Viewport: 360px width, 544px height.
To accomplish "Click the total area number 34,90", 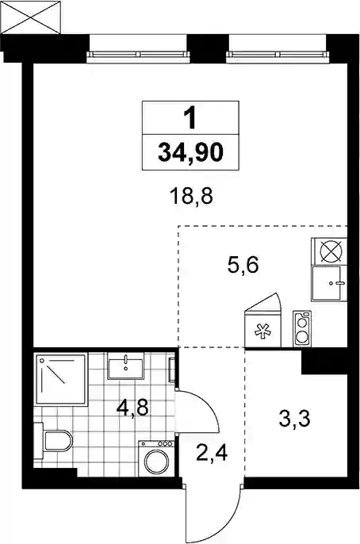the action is click(x=190, y=152).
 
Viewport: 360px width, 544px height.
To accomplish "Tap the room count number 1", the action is click(x=190, y=117).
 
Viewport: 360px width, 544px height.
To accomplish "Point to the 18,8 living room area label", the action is click(x=191, y=197).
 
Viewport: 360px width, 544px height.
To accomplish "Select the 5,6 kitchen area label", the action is click(x=243, y=266).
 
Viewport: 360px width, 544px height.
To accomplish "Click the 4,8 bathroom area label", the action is click(x=132, y=408).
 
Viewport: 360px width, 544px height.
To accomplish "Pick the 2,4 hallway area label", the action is click(x=212, y=453).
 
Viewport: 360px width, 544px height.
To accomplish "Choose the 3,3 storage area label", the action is click(x=294, y=419).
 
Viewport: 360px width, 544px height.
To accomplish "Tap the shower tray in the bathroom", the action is click(x=60, y=379).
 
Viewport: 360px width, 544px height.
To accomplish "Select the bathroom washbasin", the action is click(x=125, y=366).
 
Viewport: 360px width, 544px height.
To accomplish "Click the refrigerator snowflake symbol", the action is click(x=262, y=331).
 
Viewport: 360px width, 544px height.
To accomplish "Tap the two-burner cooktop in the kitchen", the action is click(x=302, y=328).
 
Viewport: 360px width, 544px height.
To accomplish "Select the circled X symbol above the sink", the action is click(x=329, y=251).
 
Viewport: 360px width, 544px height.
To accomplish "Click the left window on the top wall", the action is click(x=139, y=54).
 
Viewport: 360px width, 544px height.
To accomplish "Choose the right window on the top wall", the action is click(x=277, y=54).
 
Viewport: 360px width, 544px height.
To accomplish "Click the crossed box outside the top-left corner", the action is click(x=30, y=17).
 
